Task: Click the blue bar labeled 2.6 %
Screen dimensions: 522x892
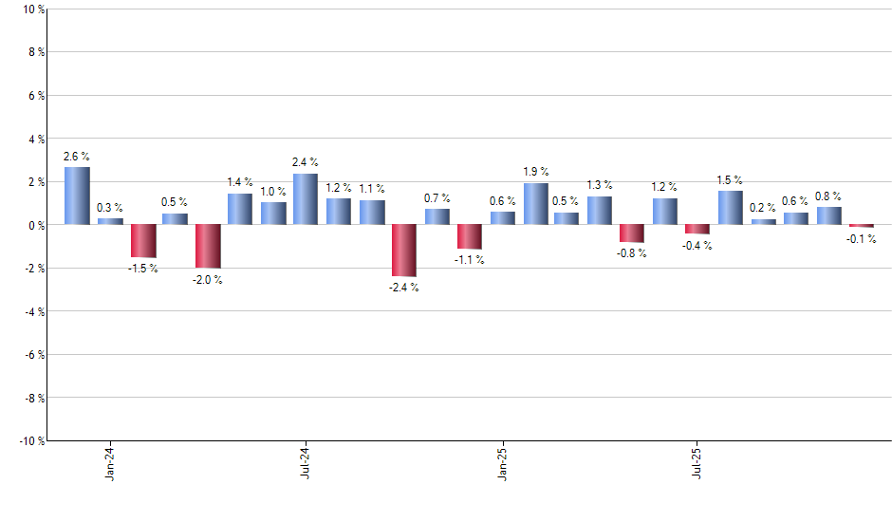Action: coord(77,196)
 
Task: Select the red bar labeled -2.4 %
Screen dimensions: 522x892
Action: coord(403,251)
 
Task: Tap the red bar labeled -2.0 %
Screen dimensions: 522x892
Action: coord(208,246)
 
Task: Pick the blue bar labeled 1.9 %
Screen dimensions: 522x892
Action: coord(535,204)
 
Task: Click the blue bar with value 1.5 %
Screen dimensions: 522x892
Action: coord(730,208)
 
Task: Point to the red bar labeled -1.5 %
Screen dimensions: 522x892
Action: coord(143,241)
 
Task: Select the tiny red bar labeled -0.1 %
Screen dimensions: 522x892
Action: coord(861,226)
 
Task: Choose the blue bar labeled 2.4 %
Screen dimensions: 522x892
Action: coord(306,198)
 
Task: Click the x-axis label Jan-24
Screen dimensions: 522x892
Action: coord(110,462)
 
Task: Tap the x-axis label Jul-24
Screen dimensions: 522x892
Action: coord(306,462)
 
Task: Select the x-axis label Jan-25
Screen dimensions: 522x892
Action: coord(502,462)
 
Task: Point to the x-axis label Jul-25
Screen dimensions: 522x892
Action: coord(697,462)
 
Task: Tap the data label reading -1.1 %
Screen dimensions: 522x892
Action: coord(468,260)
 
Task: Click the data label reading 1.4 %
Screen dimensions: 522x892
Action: coord(240,181)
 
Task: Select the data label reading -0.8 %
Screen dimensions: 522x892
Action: coord(632,253)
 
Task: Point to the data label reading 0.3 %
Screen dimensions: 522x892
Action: coord(109,207)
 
